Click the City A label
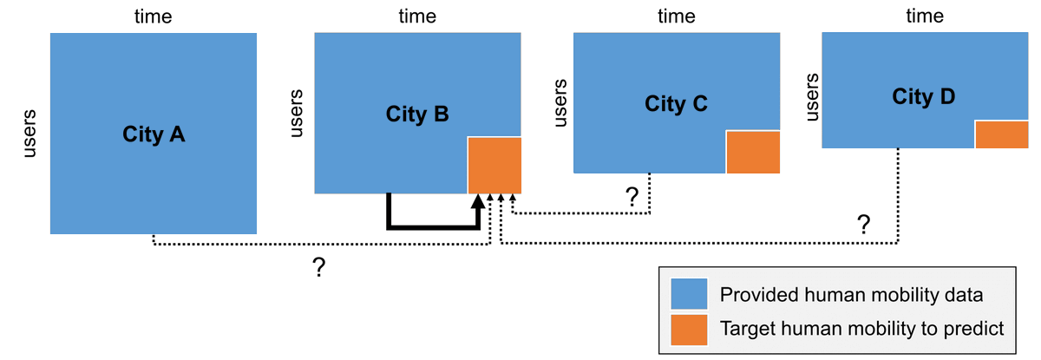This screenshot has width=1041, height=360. click(x=154, y=134)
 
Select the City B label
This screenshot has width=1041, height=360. click(x=417, y=114)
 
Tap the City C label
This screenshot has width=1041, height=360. click(x=677, y=104)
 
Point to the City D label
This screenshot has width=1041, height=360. click(x=923, y=96)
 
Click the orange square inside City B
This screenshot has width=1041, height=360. click(x=494, y=165)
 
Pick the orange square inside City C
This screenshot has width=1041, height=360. click(x=753, y=153)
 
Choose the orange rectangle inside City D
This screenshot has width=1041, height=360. click(x=1001, y=134)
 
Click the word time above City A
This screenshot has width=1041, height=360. click(x=154, y=16)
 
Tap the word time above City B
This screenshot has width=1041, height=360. click(x=417, y=16)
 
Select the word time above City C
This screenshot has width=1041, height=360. click(x=677, y=16)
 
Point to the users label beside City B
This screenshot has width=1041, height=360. click(x=295, y=113)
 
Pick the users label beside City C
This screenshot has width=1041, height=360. click(x=560, y=103)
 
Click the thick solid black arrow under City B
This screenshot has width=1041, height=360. click(x=434, y=227)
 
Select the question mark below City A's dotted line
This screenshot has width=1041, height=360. click(x=318, y=268)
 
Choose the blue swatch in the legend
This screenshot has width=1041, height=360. click(x=690, y=295)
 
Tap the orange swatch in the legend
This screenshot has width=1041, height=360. click(x=690, y=329)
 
